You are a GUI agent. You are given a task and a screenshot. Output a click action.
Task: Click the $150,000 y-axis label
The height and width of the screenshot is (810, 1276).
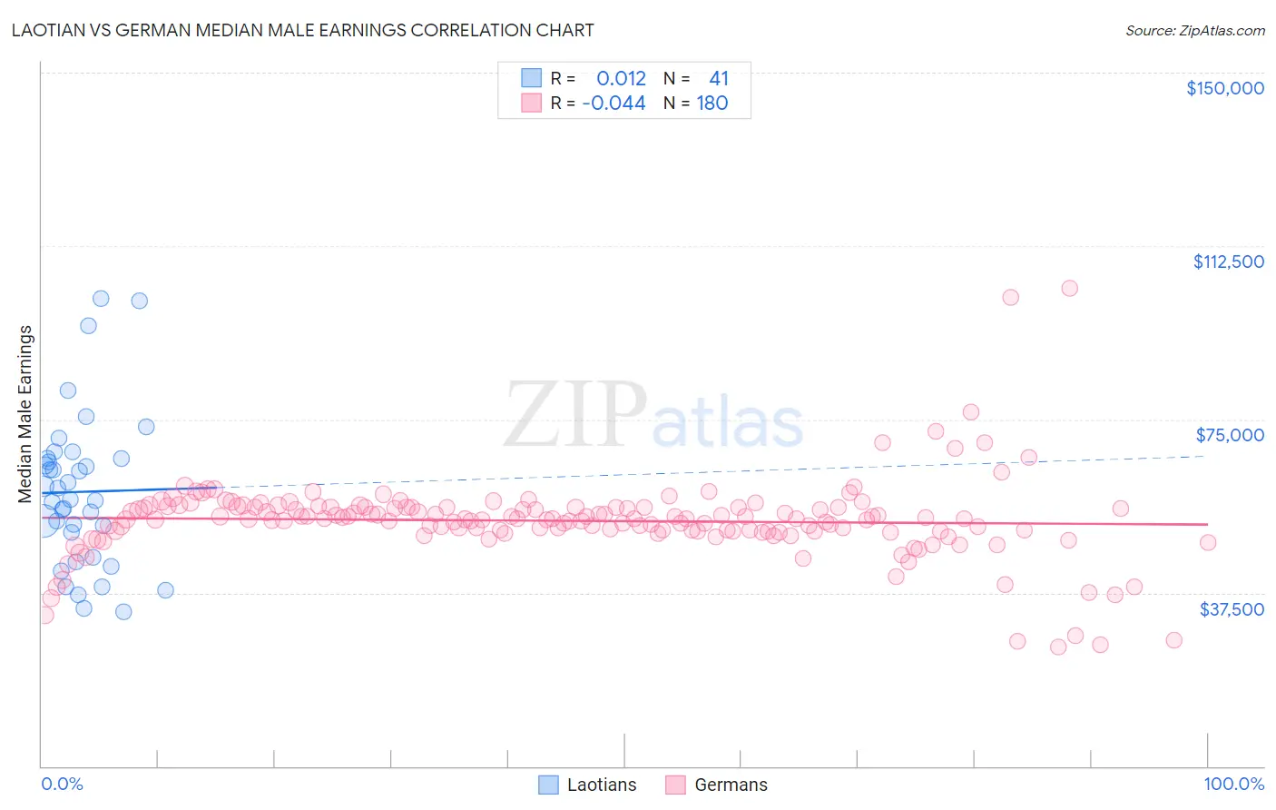pos(1224,88)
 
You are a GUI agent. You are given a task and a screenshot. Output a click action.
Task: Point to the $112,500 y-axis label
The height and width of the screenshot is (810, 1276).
pos(1228,262)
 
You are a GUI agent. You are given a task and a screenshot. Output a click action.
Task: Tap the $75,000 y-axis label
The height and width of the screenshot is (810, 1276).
pos(1230,435)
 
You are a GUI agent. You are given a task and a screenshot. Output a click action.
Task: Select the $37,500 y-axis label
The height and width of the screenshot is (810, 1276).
pos(1232,609)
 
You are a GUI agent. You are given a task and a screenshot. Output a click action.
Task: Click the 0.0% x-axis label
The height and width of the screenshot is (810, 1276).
pos(62,784)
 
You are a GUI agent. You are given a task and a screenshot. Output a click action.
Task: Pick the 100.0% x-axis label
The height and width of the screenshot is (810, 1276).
pos(1233,784)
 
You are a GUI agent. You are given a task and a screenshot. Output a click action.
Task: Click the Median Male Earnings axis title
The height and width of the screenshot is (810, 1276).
pos(25,414)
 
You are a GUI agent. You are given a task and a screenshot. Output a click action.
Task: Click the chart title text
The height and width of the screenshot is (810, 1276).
pos(302,30)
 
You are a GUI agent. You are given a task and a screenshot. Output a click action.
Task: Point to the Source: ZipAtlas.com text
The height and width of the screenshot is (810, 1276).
pos(1194,30)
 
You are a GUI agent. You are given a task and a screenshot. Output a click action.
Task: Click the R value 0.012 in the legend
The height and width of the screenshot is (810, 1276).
pos(621,78)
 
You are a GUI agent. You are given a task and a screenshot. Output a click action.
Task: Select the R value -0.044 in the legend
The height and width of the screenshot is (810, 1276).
pos(613,103)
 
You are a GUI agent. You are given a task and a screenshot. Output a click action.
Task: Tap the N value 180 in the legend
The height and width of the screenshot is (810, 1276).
pos(712,103)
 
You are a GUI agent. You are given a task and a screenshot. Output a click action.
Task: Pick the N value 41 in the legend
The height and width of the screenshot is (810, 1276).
pos(718,78)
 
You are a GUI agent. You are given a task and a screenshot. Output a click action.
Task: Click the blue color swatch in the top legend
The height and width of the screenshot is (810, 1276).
pos(531,78)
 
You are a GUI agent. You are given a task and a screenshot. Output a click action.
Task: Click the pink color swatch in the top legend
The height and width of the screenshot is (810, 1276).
pos(531,103)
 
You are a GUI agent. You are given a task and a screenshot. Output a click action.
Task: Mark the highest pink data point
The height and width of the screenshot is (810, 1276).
pos(1069,288)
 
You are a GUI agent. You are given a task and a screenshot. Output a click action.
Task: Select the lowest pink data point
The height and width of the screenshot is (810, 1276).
pos(1057,647)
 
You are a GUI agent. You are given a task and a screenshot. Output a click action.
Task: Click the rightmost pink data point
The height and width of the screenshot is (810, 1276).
pos(1207,542)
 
